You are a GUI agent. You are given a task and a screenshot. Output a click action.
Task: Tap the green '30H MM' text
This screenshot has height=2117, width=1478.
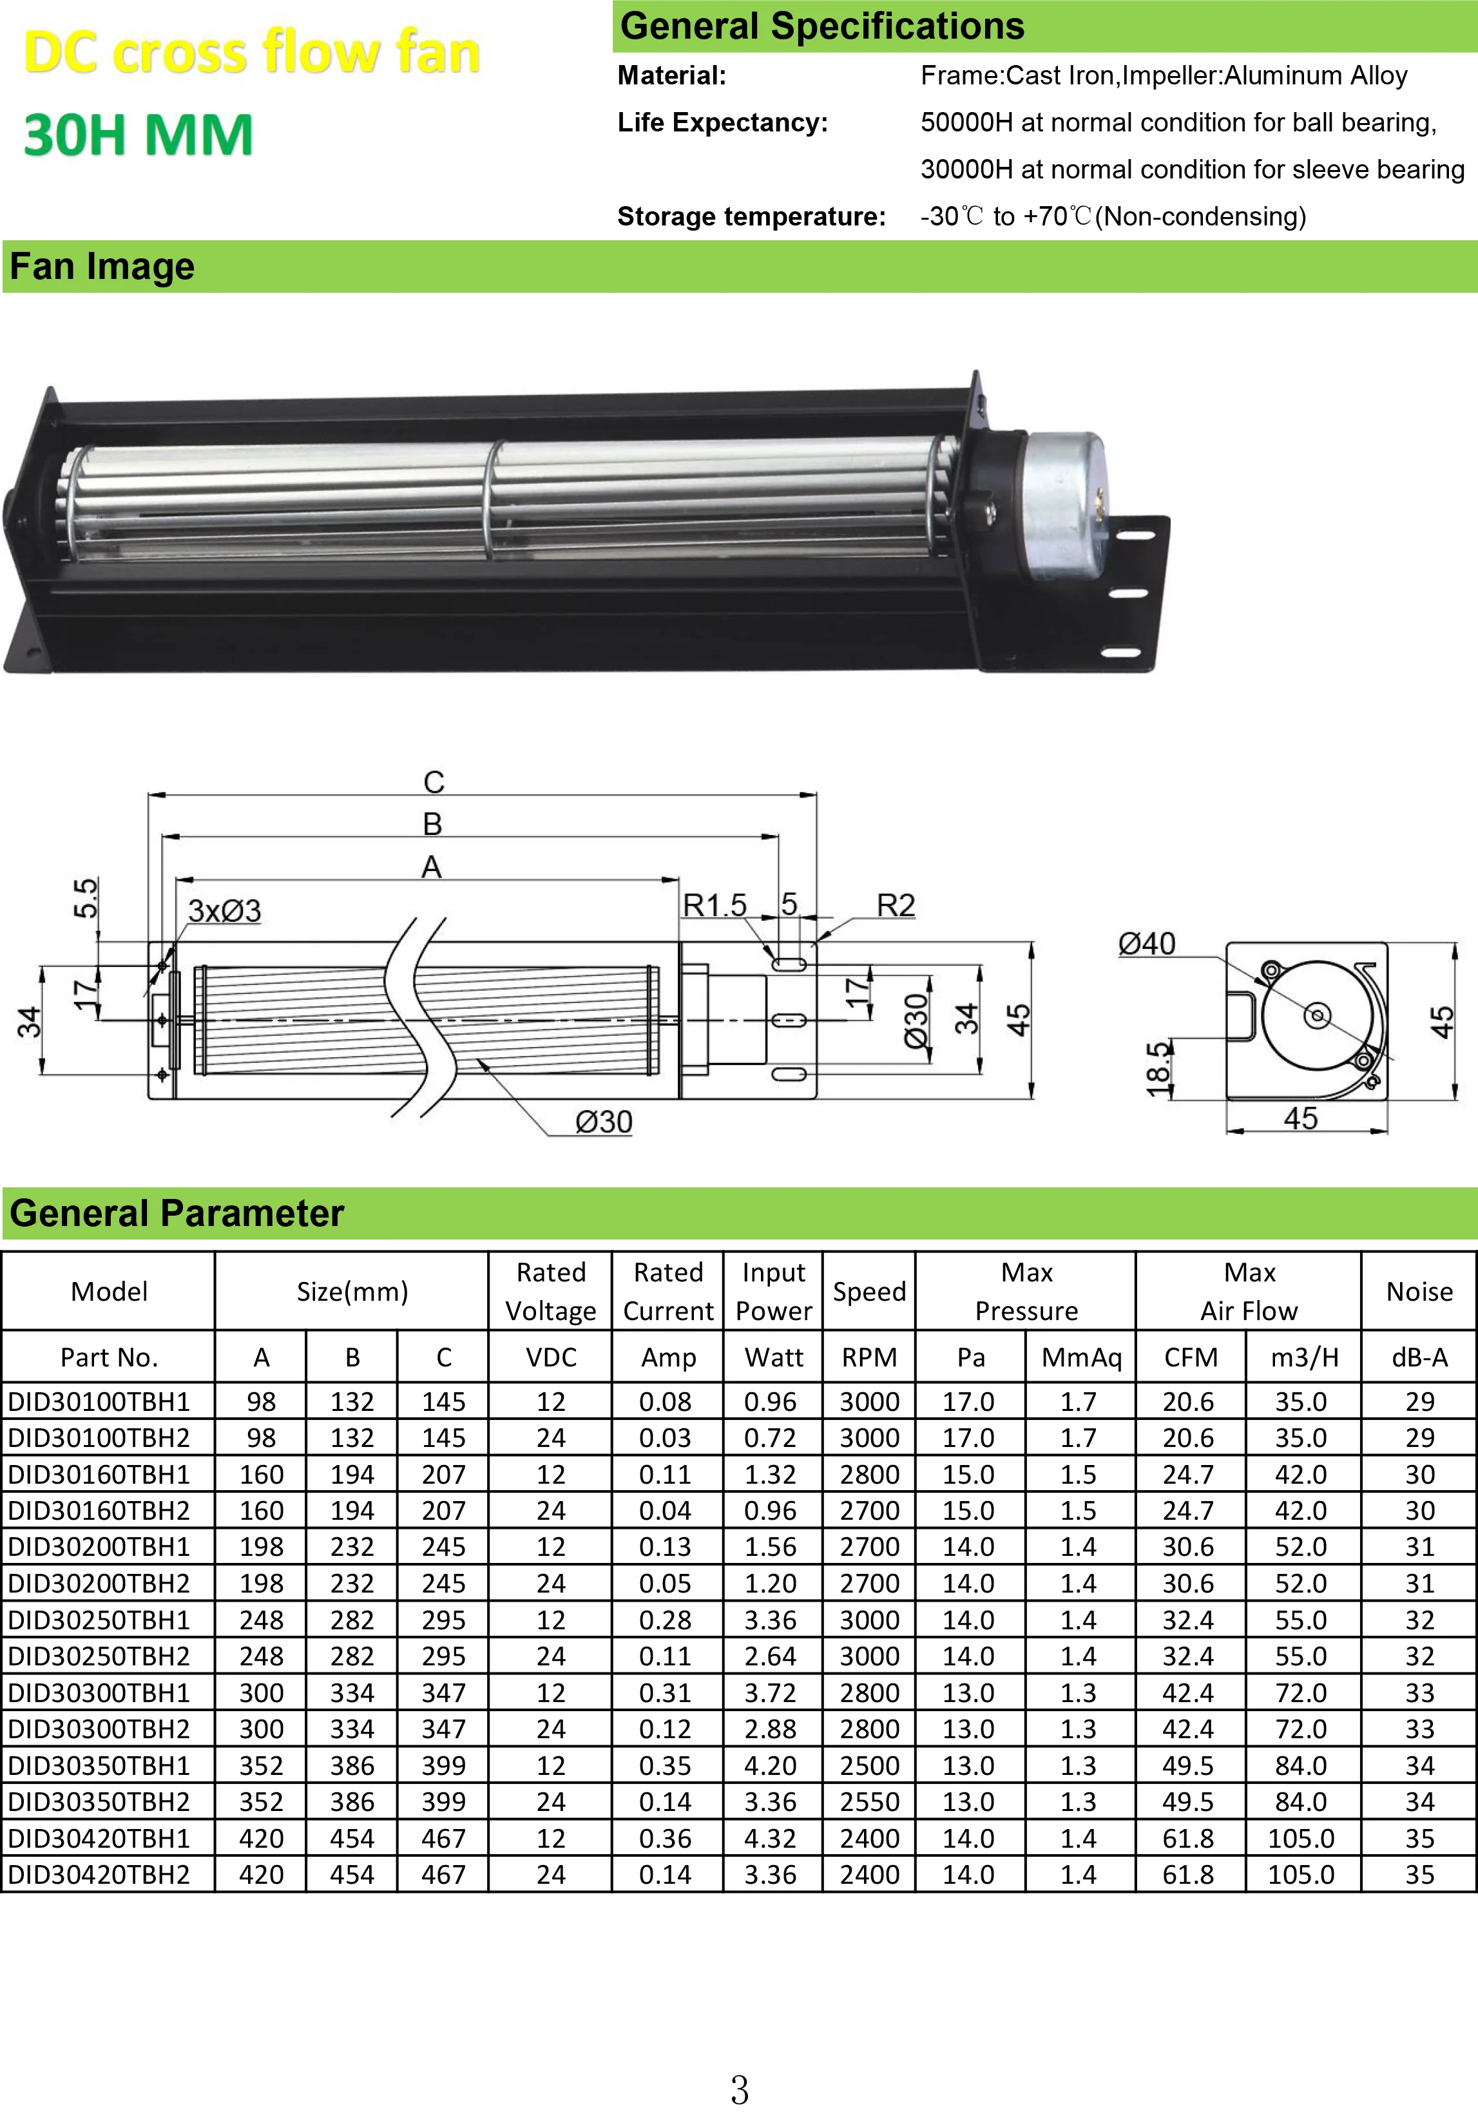pos(139,135)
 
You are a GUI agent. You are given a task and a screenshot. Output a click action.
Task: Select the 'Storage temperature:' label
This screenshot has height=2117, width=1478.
pos(751,216)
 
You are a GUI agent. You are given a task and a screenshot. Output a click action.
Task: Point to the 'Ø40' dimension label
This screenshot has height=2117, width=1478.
pos(1146,943)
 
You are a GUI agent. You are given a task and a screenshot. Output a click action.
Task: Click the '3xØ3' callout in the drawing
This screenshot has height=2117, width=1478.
pos(224,911)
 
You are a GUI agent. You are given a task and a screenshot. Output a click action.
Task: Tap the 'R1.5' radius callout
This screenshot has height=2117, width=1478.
pos(715,905)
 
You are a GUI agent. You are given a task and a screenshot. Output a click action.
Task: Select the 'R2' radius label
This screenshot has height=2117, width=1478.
pos(896,905)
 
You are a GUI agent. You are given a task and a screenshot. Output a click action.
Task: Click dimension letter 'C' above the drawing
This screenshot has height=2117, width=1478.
pos(434,782)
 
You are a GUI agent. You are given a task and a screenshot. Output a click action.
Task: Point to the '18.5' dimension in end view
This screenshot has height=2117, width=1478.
pos(1158,1069)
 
